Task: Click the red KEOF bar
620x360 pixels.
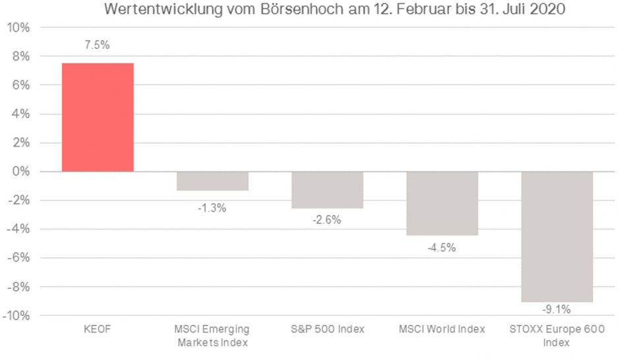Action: tap(98, 117)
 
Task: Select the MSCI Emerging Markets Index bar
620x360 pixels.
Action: tap(212, 181)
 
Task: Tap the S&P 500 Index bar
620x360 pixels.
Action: tap(327, 190)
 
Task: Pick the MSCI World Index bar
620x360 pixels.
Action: tap(442, 203)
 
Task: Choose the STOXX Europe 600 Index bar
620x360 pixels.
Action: tap(557, 236)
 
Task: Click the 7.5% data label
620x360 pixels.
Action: tap(98, 46)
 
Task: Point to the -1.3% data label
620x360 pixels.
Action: tap(212, 208)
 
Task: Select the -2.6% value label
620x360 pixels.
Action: tap(327, 220)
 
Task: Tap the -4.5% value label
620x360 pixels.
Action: tap(442, 248)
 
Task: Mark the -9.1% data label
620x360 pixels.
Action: tap(557, 309)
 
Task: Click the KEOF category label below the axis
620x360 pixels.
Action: tap(98, 329)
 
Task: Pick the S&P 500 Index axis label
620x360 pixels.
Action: tap(327, 329)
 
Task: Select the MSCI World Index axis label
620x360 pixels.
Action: tap(442, 329)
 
